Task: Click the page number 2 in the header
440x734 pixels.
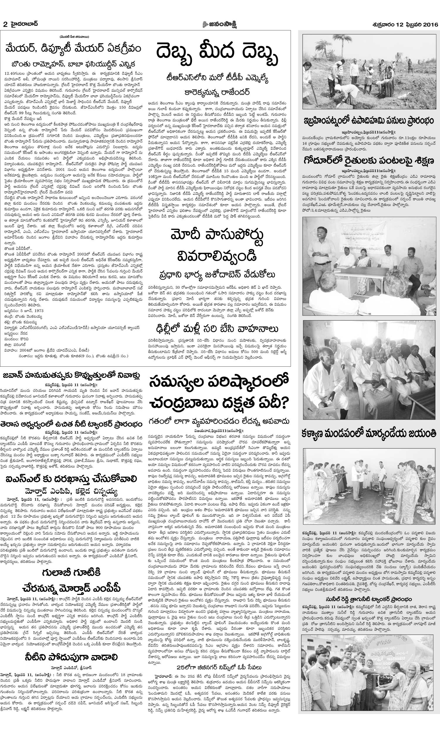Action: pyautogui.click(x=5, y=25)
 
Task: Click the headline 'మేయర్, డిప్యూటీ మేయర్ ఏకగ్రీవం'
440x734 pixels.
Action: pyautogui.click(x=74, y=48)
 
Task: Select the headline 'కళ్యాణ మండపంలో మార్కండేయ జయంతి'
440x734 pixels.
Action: pyautogui.click(x=369, y=433)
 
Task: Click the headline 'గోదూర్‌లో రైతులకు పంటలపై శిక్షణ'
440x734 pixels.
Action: pyautogui.click(x=369, y=161)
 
